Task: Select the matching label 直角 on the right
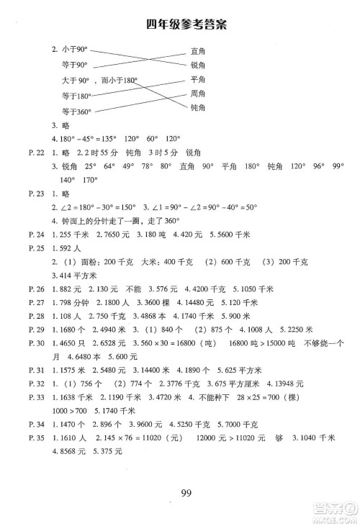point(199,51)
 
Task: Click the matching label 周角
point(199,94)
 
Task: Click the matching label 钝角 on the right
point(199,108)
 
